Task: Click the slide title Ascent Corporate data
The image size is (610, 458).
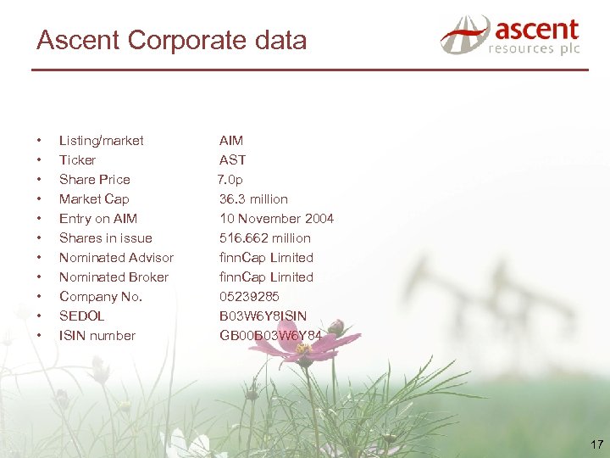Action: [171, 40]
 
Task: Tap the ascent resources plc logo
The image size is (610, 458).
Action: [510, 36]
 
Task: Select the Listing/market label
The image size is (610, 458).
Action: [101, 141]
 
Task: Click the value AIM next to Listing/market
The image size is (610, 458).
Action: [230, 141]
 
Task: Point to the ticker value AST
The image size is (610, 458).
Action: [232, 160]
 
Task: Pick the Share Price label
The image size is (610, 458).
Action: [94, 180]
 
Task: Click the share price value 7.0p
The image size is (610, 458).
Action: [230, 180]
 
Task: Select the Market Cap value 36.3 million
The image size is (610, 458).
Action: [253, 199]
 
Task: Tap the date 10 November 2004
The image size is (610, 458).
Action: [276, 219]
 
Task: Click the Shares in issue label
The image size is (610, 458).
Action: [105, 238]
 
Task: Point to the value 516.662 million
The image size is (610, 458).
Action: [264, 238]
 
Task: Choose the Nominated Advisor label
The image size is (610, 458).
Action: [116, 258]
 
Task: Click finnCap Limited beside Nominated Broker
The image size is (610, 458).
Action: [266, 277]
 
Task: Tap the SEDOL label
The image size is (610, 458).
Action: [81, 316]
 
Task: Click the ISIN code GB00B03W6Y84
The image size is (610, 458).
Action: [270, 336]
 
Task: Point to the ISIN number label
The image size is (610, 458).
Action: [97, 336]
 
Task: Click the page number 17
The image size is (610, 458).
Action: [596, 444]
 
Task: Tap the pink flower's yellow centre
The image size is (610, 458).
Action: [303, 349]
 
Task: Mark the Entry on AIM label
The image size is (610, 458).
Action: [97, 219]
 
